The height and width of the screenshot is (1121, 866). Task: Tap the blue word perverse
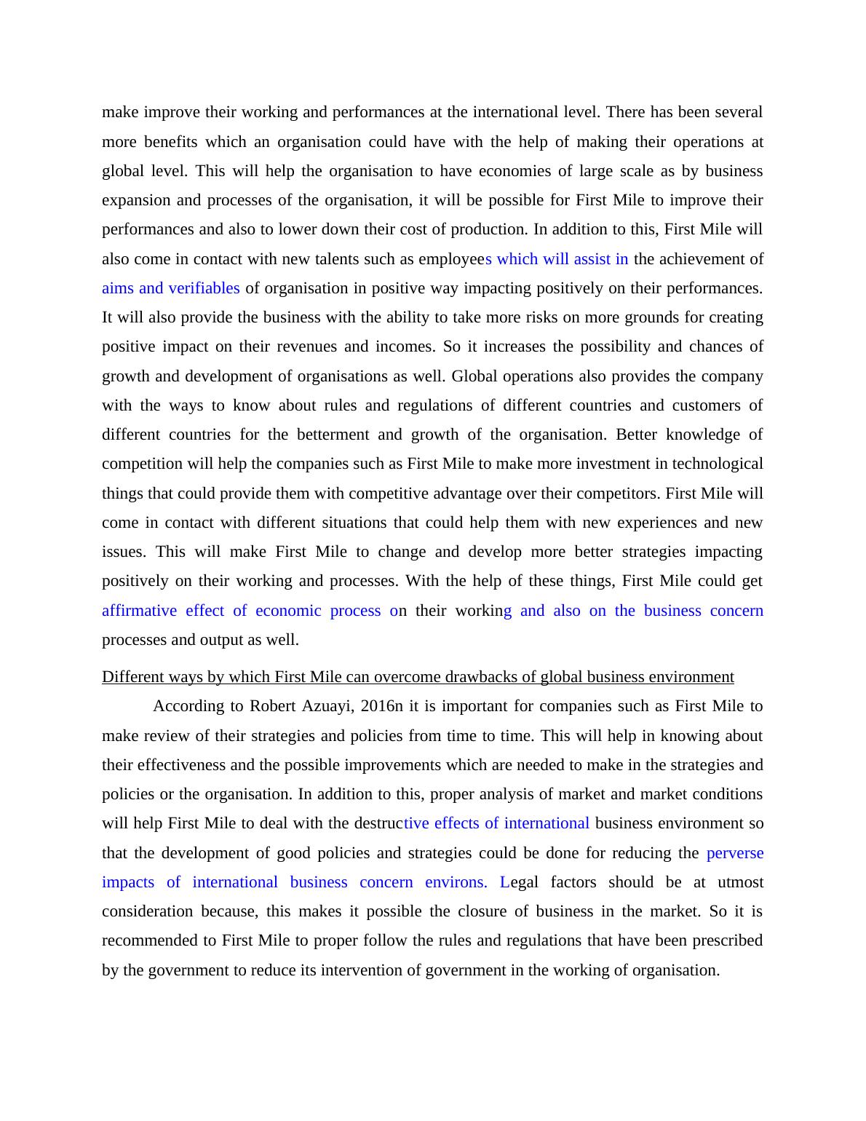[735, 852]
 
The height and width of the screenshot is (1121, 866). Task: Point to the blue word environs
[456, 882]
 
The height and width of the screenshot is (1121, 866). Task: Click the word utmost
[741, 882]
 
